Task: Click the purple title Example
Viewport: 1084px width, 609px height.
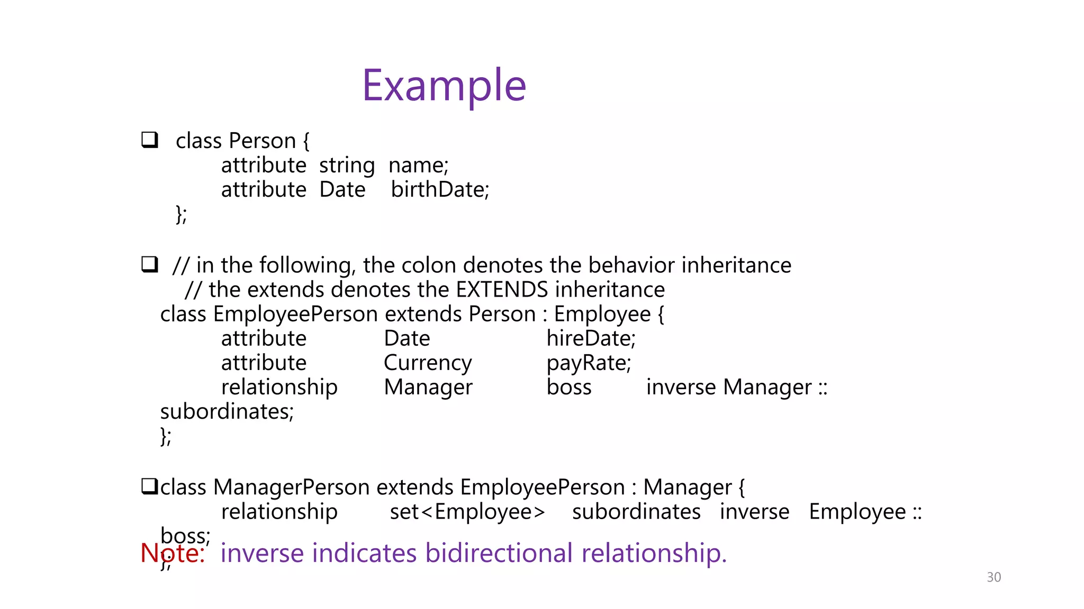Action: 444,86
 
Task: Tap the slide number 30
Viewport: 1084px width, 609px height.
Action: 993,577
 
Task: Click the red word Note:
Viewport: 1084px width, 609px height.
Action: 173,553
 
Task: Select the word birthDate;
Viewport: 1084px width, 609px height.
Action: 440,189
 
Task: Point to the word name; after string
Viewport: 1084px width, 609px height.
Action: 418,165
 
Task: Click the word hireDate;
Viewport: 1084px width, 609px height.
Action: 591,338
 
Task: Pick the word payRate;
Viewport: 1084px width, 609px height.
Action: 589,363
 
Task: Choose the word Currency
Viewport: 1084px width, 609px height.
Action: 428,363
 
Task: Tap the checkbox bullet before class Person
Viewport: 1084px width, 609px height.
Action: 150,140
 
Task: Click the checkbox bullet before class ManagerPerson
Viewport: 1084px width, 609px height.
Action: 149,486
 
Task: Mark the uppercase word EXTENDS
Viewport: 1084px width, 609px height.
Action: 502,290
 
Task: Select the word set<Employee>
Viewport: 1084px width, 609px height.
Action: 467,512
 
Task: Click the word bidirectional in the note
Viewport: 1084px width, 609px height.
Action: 499,553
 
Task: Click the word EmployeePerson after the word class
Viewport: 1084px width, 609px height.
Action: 295,314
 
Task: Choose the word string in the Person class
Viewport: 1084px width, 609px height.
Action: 347,165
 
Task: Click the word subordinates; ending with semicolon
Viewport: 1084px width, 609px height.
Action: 227,411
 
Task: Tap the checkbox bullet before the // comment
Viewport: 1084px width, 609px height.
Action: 150,264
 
